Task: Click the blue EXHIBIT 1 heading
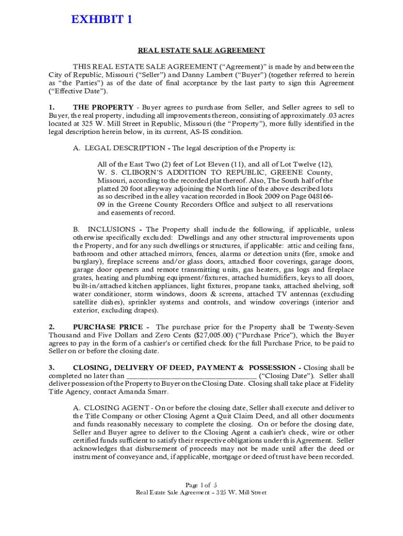101,20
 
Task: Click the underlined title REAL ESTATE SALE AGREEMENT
201,51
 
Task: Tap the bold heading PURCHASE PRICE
104,327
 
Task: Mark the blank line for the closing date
192,376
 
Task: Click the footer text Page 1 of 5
201,484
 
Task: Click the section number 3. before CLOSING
52,367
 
